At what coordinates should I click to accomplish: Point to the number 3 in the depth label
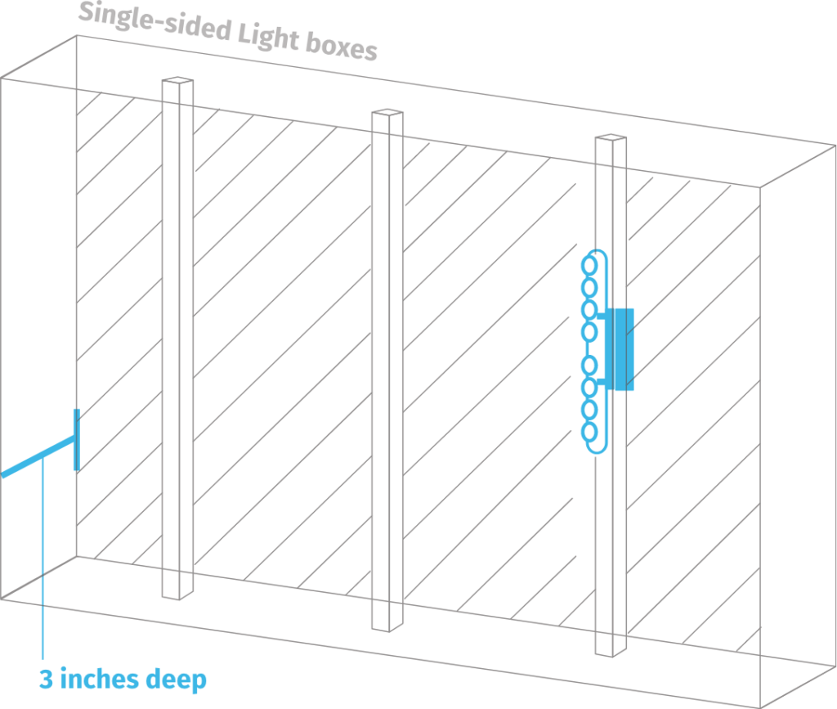click(x=46, y=680)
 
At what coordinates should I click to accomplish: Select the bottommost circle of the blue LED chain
click(x=589, y=431)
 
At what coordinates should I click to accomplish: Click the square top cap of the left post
click(x=177, y=81)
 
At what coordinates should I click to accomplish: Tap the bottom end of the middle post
click(x=387, y=625)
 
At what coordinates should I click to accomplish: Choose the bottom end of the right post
click(x=606, y=652)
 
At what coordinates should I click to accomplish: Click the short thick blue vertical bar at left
click(x=76, y=440)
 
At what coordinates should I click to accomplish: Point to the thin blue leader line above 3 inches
click(x=42, y=572)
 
